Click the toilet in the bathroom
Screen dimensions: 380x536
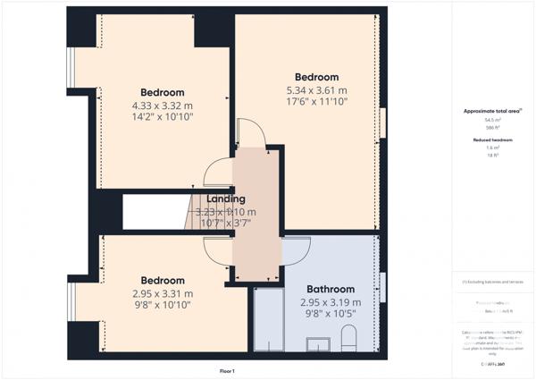350,338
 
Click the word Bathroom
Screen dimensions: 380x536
331,289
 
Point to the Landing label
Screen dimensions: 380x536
226,198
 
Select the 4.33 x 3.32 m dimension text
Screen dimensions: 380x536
162,105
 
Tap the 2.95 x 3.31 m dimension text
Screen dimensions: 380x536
162,292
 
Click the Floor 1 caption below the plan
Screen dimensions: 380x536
227,370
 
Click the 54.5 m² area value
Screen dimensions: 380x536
492,120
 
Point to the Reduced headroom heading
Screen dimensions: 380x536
492,140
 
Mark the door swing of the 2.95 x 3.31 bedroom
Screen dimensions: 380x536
217,251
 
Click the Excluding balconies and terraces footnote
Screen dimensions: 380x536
492,282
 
